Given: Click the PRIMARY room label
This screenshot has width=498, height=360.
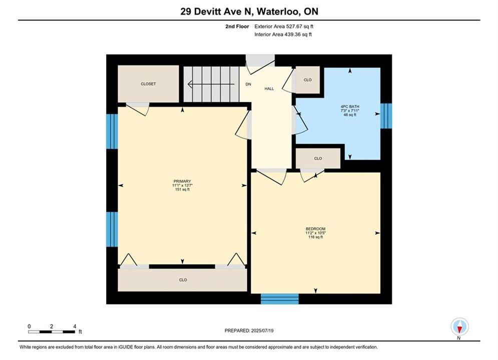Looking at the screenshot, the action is (182, 181).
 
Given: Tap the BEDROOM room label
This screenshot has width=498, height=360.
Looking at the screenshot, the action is (315, 229).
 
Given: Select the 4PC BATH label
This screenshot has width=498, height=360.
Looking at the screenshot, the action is (350, 107).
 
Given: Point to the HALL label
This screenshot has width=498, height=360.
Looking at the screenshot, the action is (269, 89).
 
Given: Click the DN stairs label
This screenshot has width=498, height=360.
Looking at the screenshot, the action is (248, 84).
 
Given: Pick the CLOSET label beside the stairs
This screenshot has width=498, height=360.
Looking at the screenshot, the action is (148, 84).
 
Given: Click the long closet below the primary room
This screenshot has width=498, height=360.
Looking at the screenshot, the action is (182, 280).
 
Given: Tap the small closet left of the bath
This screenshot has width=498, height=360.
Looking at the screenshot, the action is (307, 80).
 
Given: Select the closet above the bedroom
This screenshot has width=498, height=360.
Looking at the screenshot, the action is (318, 158).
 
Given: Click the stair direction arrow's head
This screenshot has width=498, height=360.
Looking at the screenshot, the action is (190, 84).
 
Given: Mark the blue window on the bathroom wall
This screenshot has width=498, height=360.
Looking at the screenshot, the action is (386, 116).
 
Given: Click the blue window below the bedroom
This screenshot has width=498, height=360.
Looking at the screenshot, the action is (279, 299).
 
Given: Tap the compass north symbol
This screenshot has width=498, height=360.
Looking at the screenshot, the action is (459, 326).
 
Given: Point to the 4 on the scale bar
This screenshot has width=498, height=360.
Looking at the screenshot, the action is (75, 326).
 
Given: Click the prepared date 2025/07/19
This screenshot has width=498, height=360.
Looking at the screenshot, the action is (262, 330).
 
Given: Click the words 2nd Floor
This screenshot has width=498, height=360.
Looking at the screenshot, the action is (237, 26).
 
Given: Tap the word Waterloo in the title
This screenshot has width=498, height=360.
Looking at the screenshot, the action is (277, 11).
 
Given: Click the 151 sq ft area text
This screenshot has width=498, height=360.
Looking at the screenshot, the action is (182, 189).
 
